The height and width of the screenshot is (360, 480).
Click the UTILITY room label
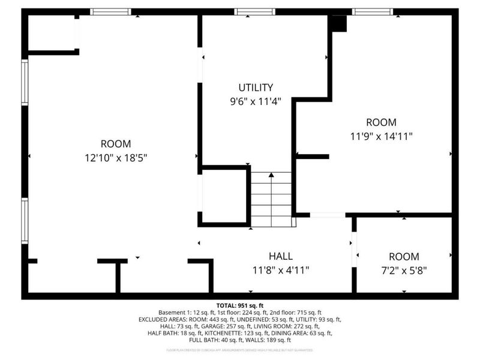[x=256, y=87]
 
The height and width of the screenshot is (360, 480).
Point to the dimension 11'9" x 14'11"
[x=382, y=136]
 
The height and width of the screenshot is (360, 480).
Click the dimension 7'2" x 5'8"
[x=404, y=271]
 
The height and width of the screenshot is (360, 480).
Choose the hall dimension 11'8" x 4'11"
[x=281, y=271]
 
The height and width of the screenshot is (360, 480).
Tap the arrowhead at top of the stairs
[x=271, y=175]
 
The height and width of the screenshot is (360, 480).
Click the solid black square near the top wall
[x=339, y=23]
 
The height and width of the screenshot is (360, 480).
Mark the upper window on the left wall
[x=25, y=83]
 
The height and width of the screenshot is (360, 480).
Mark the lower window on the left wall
[x=25, y=221]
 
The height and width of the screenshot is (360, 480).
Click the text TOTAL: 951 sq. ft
[x=240, y=305]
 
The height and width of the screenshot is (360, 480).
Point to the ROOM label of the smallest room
[x=404, y=256]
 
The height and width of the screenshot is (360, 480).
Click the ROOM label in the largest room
[x=116, y=143]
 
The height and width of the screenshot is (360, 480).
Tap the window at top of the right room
[x=372, y=11]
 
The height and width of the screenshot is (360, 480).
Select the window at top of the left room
[x=110, y=11]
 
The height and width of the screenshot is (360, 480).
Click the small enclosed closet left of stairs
[x=224, y=196]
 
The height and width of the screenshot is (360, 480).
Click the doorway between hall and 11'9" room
[x=328, y=215]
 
